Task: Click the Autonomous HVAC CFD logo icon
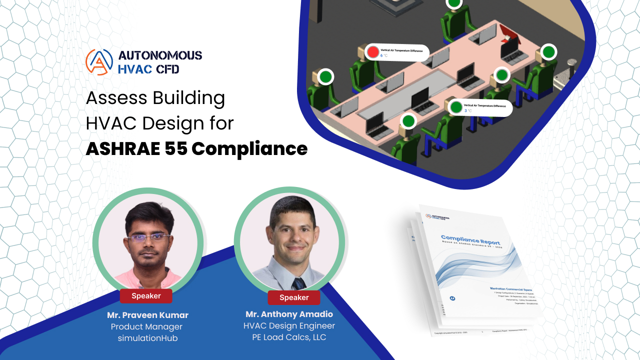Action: click(x=99, y=61)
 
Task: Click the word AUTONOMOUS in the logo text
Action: click(x=160, y=55)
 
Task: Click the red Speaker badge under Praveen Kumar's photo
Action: click(x=146, y=296)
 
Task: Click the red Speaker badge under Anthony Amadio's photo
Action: click(x=294, y=297)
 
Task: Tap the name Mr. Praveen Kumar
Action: click(x=147, y=315)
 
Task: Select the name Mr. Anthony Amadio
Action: click(x=289, y=314)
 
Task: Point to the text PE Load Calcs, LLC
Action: click(x=289, y=337)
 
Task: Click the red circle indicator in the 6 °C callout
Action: click(x=373, y=52)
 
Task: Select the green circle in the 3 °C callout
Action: click(x=455, y=107)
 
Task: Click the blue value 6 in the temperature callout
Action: click(x=381, y=55)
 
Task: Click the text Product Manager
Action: click(x=147, y=327)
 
